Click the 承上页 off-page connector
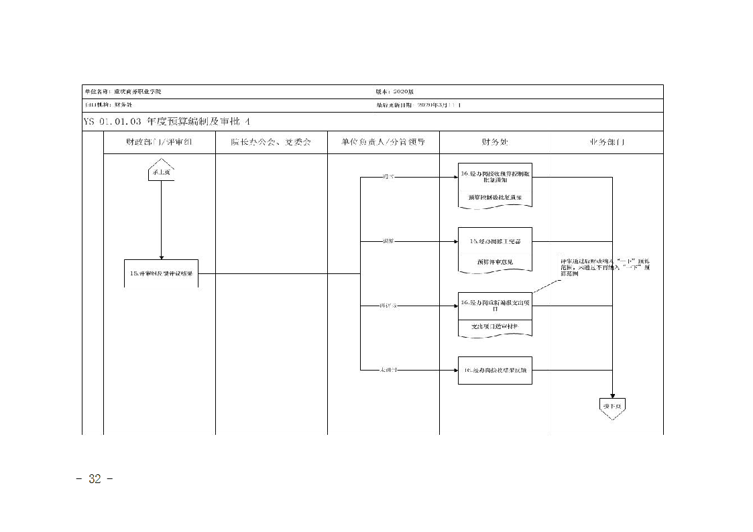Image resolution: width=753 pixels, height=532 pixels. (161, 171)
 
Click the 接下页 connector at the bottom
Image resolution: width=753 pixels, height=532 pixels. (613, 407)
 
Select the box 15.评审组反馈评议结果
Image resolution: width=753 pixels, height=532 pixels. (161, 273)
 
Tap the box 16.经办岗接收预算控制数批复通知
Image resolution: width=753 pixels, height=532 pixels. (495, 177)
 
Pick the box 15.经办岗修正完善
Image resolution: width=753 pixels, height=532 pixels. (495, 241)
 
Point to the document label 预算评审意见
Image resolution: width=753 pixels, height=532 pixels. (495, 262)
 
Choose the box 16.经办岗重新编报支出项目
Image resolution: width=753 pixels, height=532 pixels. (495, 305)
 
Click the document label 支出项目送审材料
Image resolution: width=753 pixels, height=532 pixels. (495, 326)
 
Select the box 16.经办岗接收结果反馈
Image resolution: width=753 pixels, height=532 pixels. (495, 370)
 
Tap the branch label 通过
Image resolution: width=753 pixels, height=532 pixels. (388, 177)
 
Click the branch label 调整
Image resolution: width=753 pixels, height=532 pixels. (388, 241)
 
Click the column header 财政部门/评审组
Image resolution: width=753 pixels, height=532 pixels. (159, 142)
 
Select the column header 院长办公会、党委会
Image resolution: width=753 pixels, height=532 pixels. (271, 142)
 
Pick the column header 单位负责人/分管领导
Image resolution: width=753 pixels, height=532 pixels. (383, 142)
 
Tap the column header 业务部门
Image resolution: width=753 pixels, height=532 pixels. (607, 142)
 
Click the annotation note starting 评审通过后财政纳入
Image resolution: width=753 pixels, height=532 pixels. (605, 267)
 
